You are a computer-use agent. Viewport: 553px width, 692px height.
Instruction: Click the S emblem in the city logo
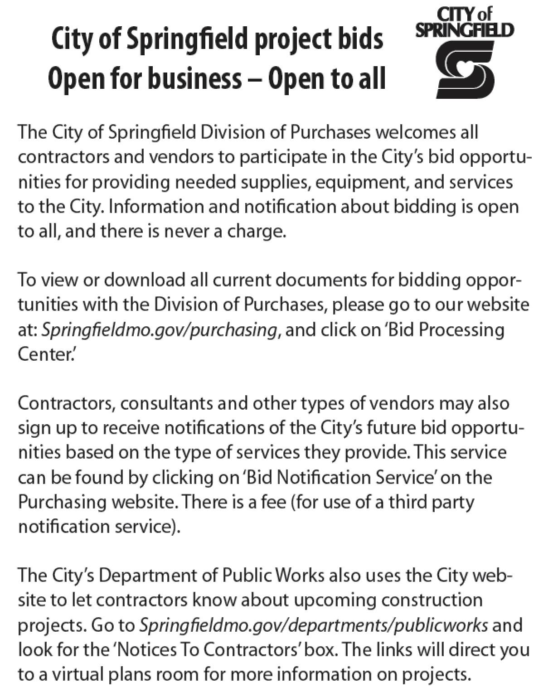(x=465, y=69)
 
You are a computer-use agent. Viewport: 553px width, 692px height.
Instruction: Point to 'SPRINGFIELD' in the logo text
(x=465, y=30)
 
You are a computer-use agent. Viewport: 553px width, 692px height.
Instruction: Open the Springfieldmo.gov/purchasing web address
(x=159, y=329)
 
